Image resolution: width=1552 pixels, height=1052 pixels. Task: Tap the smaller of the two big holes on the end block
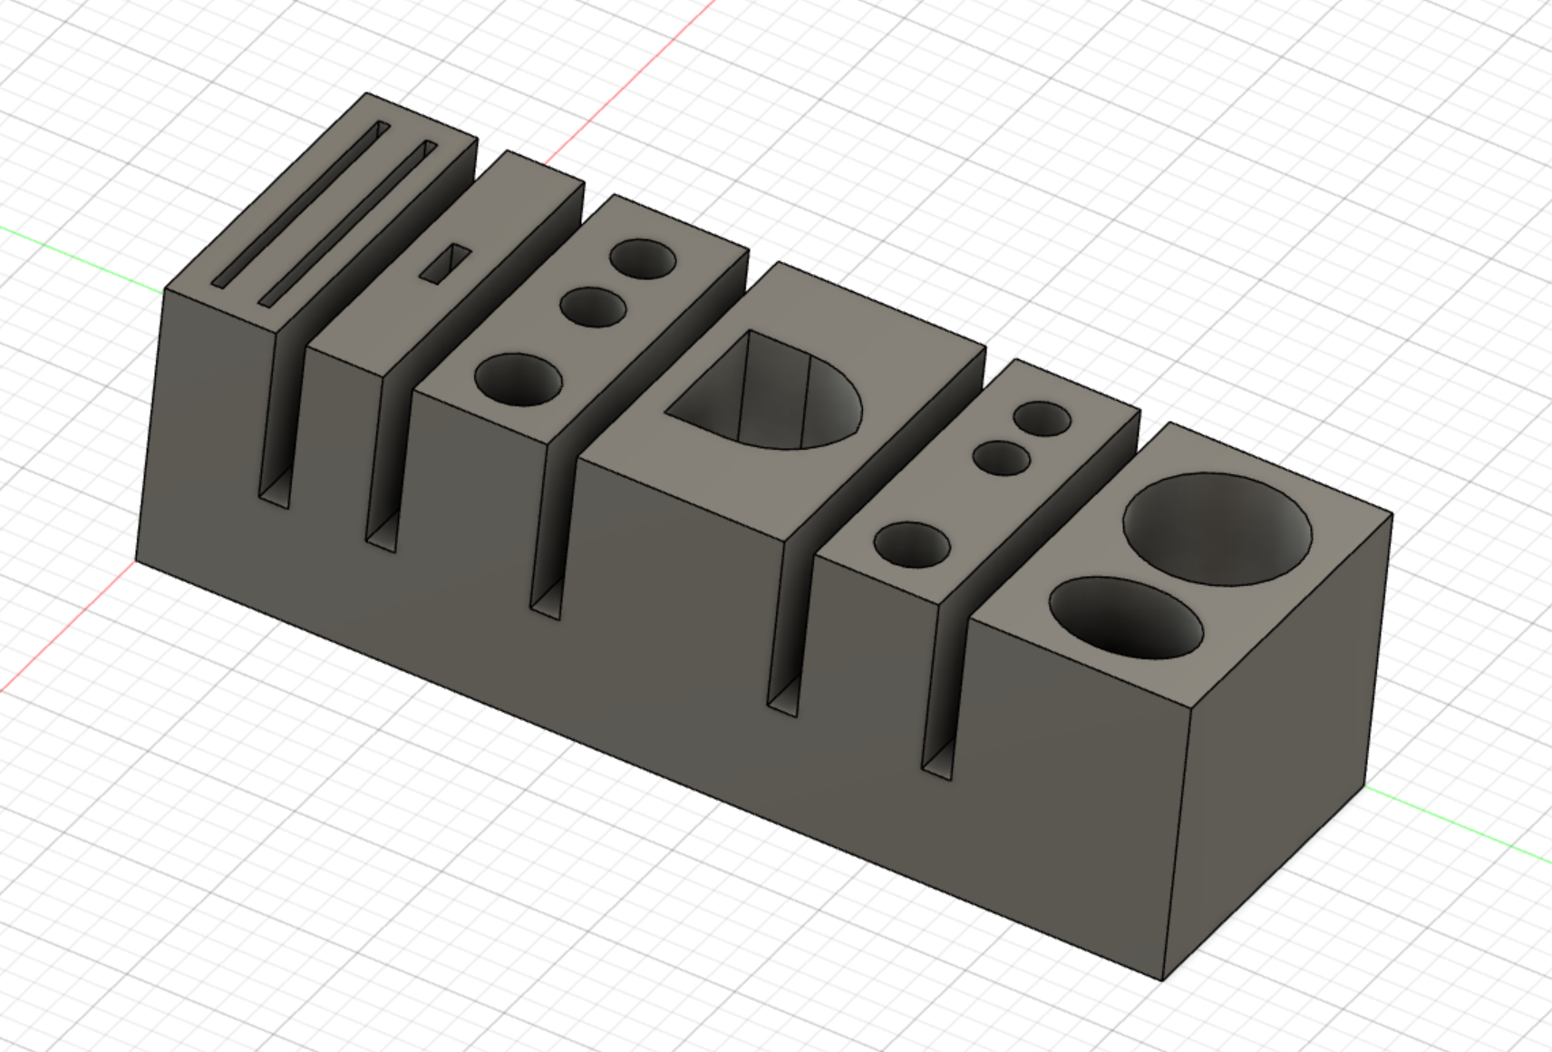click(1126, 619)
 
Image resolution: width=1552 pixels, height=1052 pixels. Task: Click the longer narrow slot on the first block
click(300, 207)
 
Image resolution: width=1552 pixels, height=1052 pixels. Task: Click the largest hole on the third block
click(517, 380)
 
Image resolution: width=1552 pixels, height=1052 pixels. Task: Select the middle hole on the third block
click(593, 307)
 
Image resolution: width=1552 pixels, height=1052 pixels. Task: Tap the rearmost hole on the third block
click(642, 260)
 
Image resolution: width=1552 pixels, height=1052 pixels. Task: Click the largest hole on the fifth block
click(912, 545)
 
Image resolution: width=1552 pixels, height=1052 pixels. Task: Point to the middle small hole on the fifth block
click(1002, 457)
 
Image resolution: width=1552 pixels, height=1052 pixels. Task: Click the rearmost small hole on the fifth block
click(1043, 419)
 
